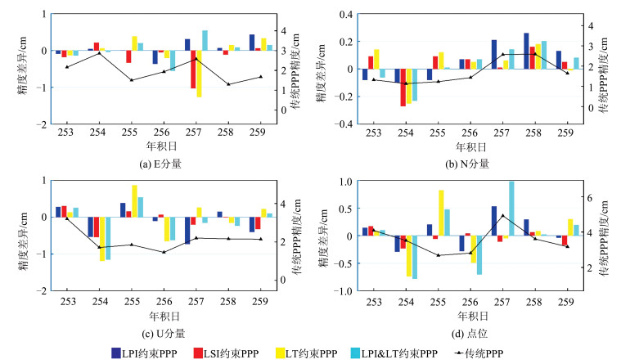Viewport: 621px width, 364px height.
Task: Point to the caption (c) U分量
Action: click(x=160, y=332)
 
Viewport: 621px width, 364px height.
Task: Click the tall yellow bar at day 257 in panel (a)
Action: click(x=199, y=74)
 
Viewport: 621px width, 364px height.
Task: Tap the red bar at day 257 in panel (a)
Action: click(x=193, y=70)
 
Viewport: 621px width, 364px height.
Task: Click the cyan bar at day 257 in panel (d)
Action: click(x=512, y=209)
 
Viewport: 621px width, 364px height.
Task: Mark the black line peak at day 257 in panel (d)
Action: click(x=502, y=216)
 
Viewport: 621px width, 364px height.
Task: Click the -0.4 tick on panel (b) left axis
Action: click(x=342, y=124)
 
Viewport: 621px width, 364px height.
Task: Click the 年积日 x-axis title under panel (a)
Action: click(x=160, y=148)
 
